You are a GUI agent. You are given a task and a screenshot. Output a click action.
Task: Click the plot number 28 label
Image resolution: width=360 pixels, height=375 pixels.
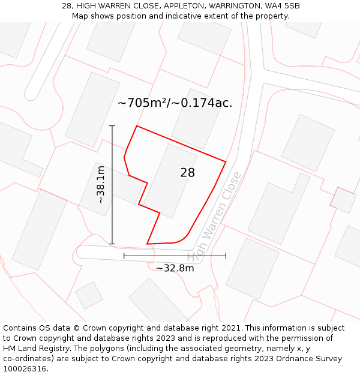pyautogui.click(x=187, y=173)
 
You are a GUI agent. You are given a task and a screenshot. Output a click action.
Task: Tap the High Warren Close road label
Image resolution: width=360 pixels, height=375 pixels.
pyautogui.click(x=214, y=217)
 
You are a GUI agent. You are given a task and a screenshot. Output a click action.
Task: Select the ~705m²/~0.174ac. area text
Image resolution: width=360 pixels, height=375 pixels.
pyautogui.click(x=175, y=103)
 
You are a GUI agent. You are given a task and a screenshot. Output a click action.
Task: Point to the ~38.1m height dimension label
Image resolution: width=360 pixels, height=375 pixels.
pyautogui.click(x=101, y=185)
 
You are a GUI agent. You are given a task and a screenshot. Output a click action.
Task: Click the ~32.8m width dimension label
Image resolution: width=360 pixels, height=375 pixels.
pyautogui.click(x=175, y=268)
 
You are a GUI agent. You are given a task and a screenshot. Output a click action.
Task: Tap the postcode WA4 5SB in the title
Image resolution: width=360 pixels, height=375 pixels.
pyautogui.click(x=281, y=6)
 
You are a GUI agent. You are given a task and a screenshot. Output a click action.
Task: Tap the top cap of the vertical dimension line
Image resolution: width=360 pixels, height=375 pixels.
pyautogui.click(x=112, y=126)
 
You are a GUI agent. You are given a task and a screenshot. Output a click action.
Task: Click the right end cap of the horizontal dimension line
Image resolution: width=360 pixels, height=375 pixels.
pyautogui.click(x=226, y=256)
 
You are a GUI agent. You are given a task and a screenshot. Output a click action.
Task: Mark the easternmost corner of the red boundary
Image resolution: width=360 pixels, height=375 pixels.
pyautogui.click(x=226, y=161)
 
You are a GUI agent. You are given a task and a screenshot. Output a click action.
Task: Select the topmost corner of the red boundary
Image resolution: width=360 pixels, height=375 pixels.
pyautogui.click(x=137, y=126)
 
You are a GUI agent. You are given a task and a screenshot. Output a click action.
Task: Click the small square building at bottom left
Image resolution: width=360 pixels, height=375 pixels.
pyautogui.click(x=89, y=295)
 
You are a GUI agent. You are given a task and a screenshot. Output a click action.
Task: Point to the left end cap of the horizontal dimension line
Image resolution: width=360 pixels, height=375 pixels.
pyautogui.click(x=124, y=256)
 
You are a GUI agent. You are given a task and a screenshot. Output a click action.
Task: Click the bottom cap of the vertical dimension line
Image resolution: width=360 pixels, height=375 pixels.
pyautogui.click(x=112, y=244)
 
